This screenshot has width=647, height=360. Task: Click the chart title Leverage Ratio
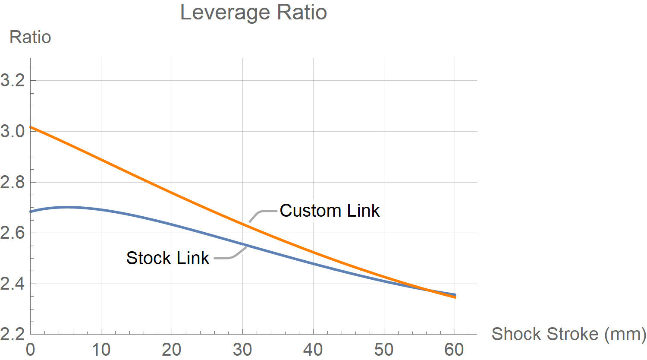coord(253,12)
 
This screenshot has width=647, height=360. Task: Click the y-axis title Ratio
coord(30,37)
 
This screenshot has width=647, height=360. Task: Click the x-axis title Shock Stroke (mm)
coord(568,334)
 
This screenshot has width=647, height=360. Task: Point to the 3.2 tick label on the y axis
coord(13,80)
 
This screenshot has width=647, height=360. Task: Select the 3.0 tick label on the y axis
coord(13,131)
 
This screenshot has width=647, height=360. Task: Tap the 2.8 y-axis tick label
coord(13,182)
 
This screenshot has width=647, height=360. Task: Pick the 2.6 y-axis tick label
coord(13,233)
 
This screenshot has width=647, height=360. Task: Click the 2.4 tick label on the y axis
coord(13,284)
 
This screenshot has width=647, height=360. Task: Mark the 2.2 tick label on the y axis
coord(13,335)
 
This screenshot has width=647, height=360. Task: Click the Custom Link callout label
coord(330,211)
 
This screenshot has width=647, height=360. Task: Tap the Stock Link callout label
coord(168,258)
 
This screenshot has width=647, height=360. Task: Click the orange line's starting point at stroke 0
coord(31,127)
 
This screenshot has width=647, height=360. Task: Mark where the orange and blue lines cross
coord(428,290)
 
